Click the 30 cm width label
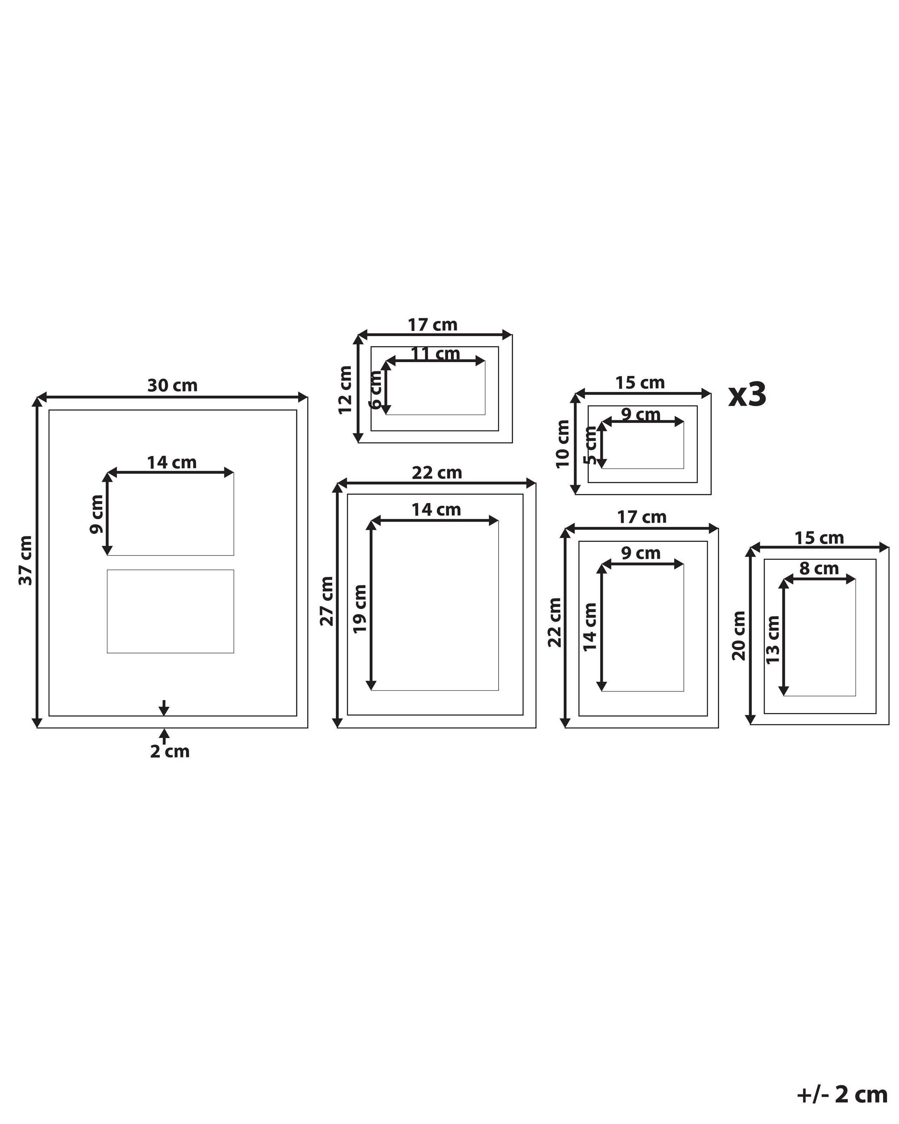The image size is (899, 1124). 172,386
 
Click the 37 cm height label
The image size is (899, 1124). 26,561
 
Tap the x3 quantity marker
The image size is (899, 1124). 747,395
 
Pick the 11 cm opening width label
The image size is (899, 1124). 435,354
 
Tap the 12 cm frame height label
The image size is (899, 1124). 346,390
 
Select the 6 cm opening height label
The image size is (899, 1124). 375,390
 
